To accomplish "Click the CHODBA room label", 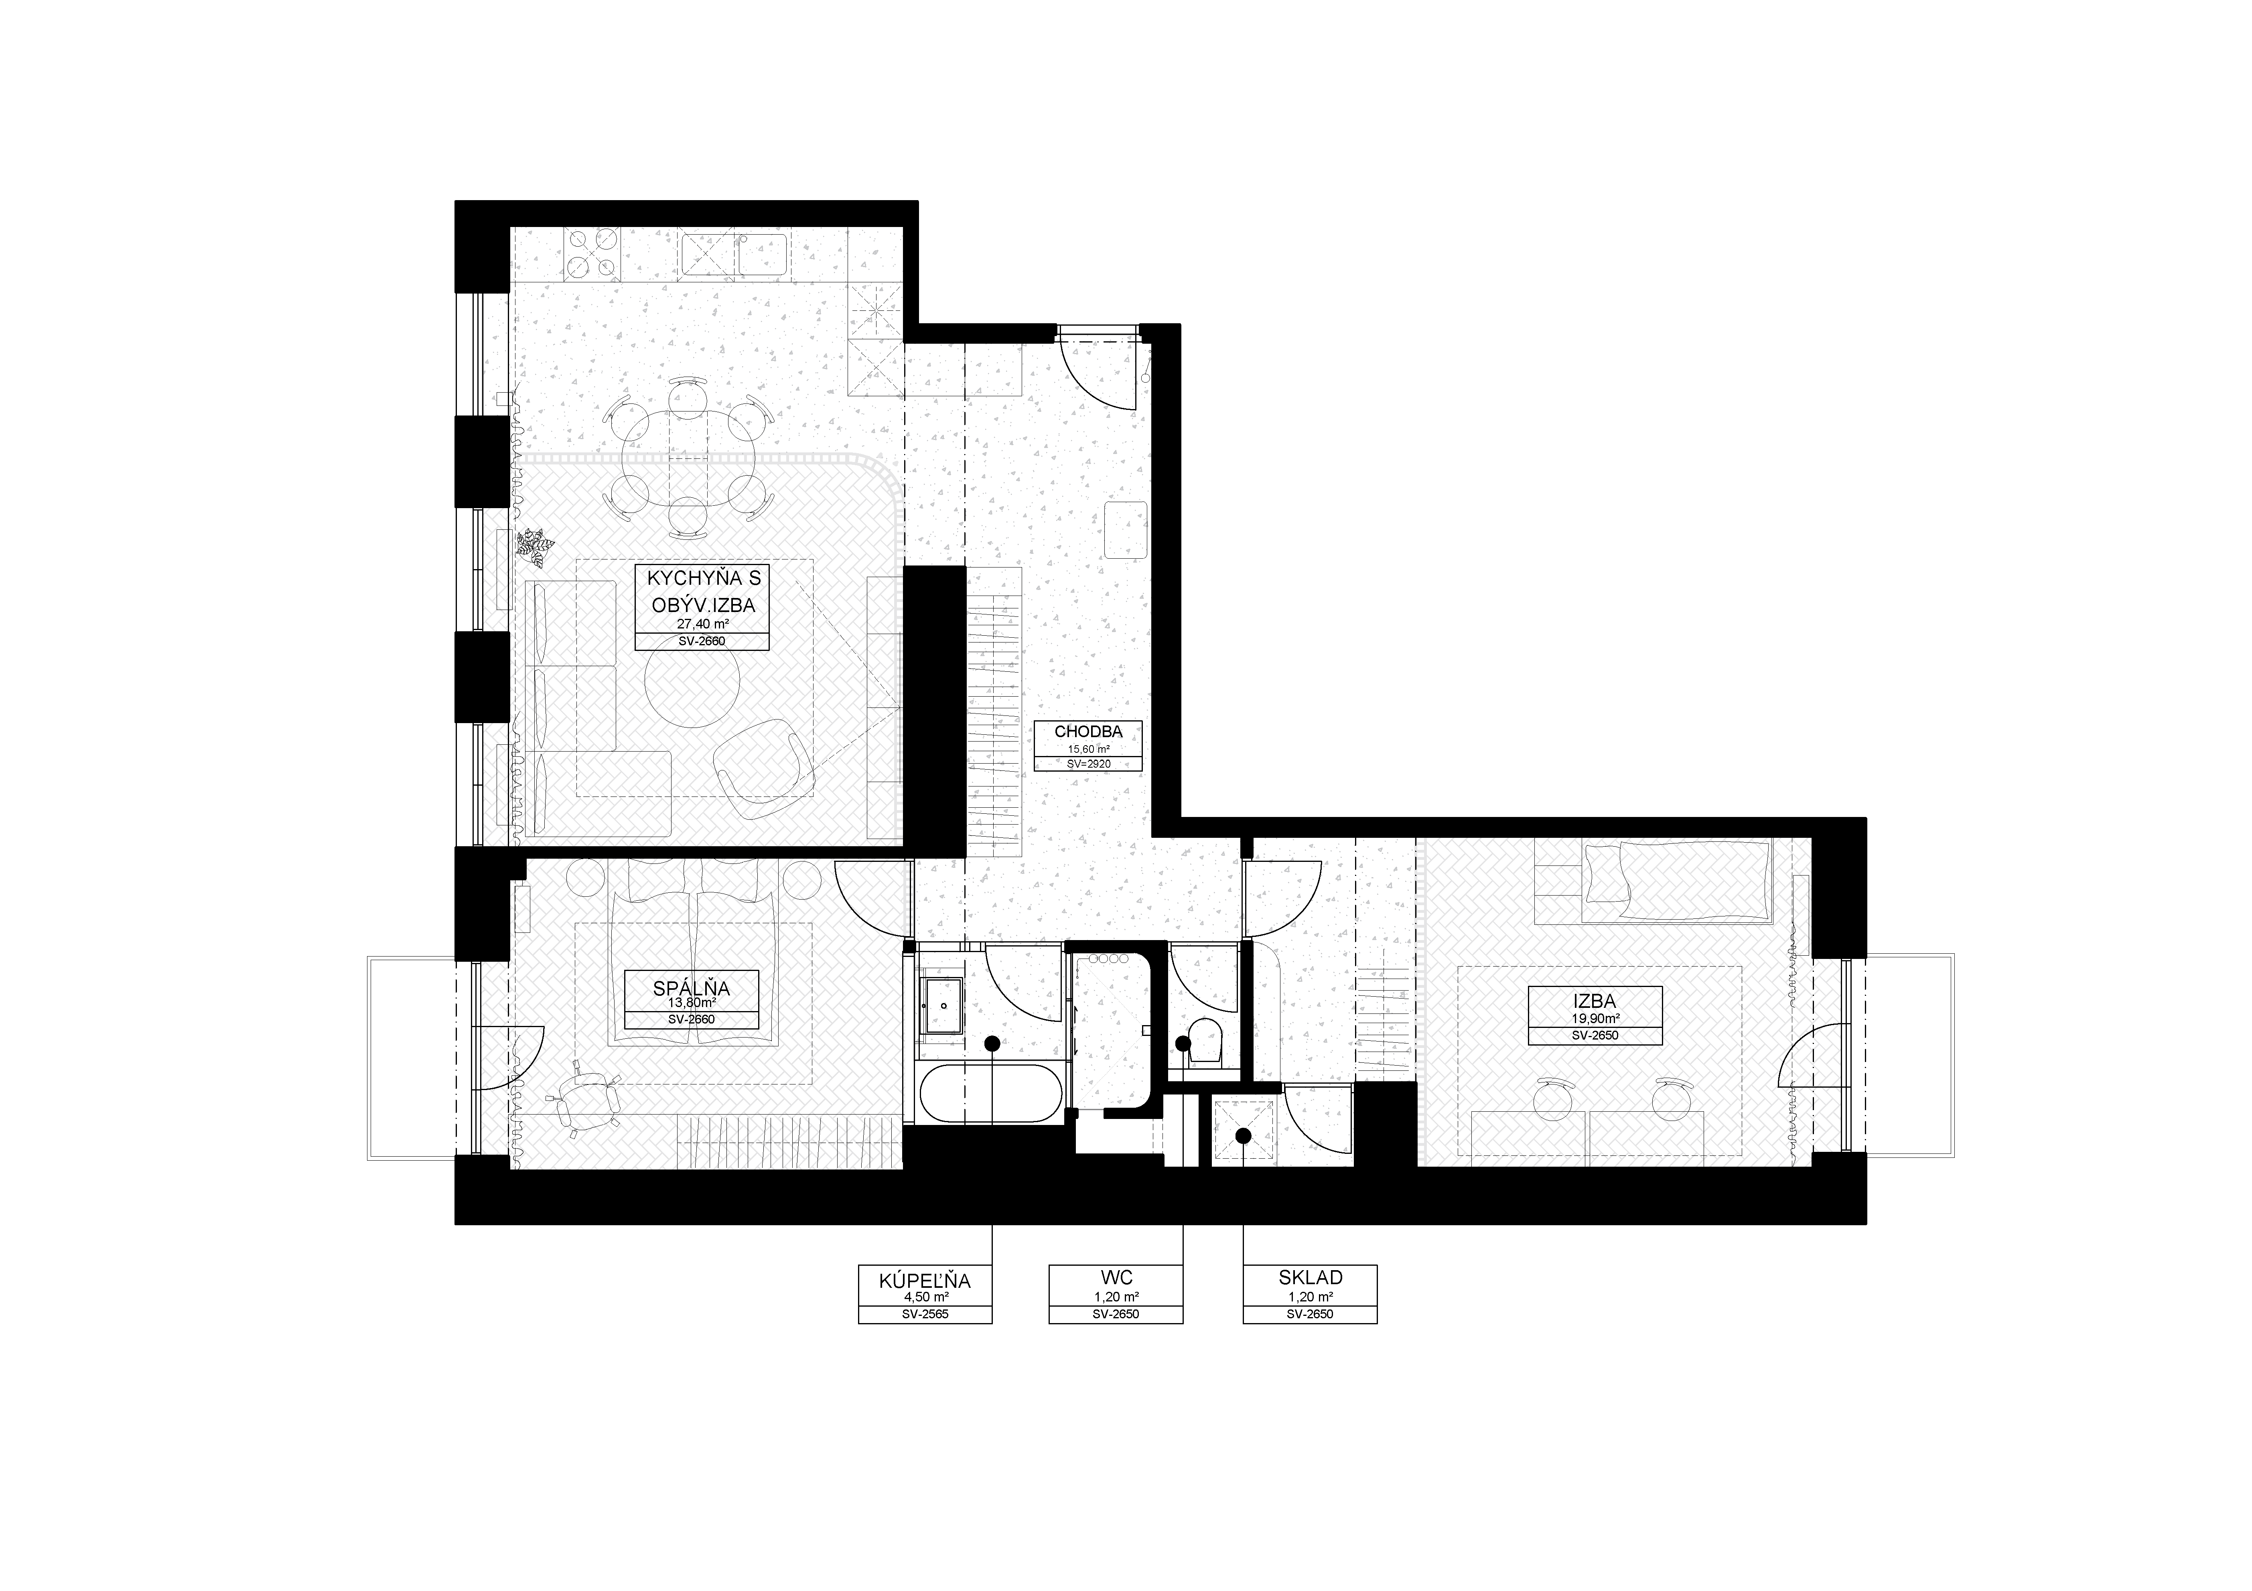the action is click(1088, 731).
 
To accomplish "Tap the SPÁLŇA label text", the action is click(692, 989).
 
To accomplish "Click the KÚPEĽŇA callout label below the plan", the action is click(925, 1280).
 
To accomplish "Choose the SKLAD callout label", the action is click(1311, 1277).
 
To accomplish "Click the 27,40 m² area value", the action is click(702, 624).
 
